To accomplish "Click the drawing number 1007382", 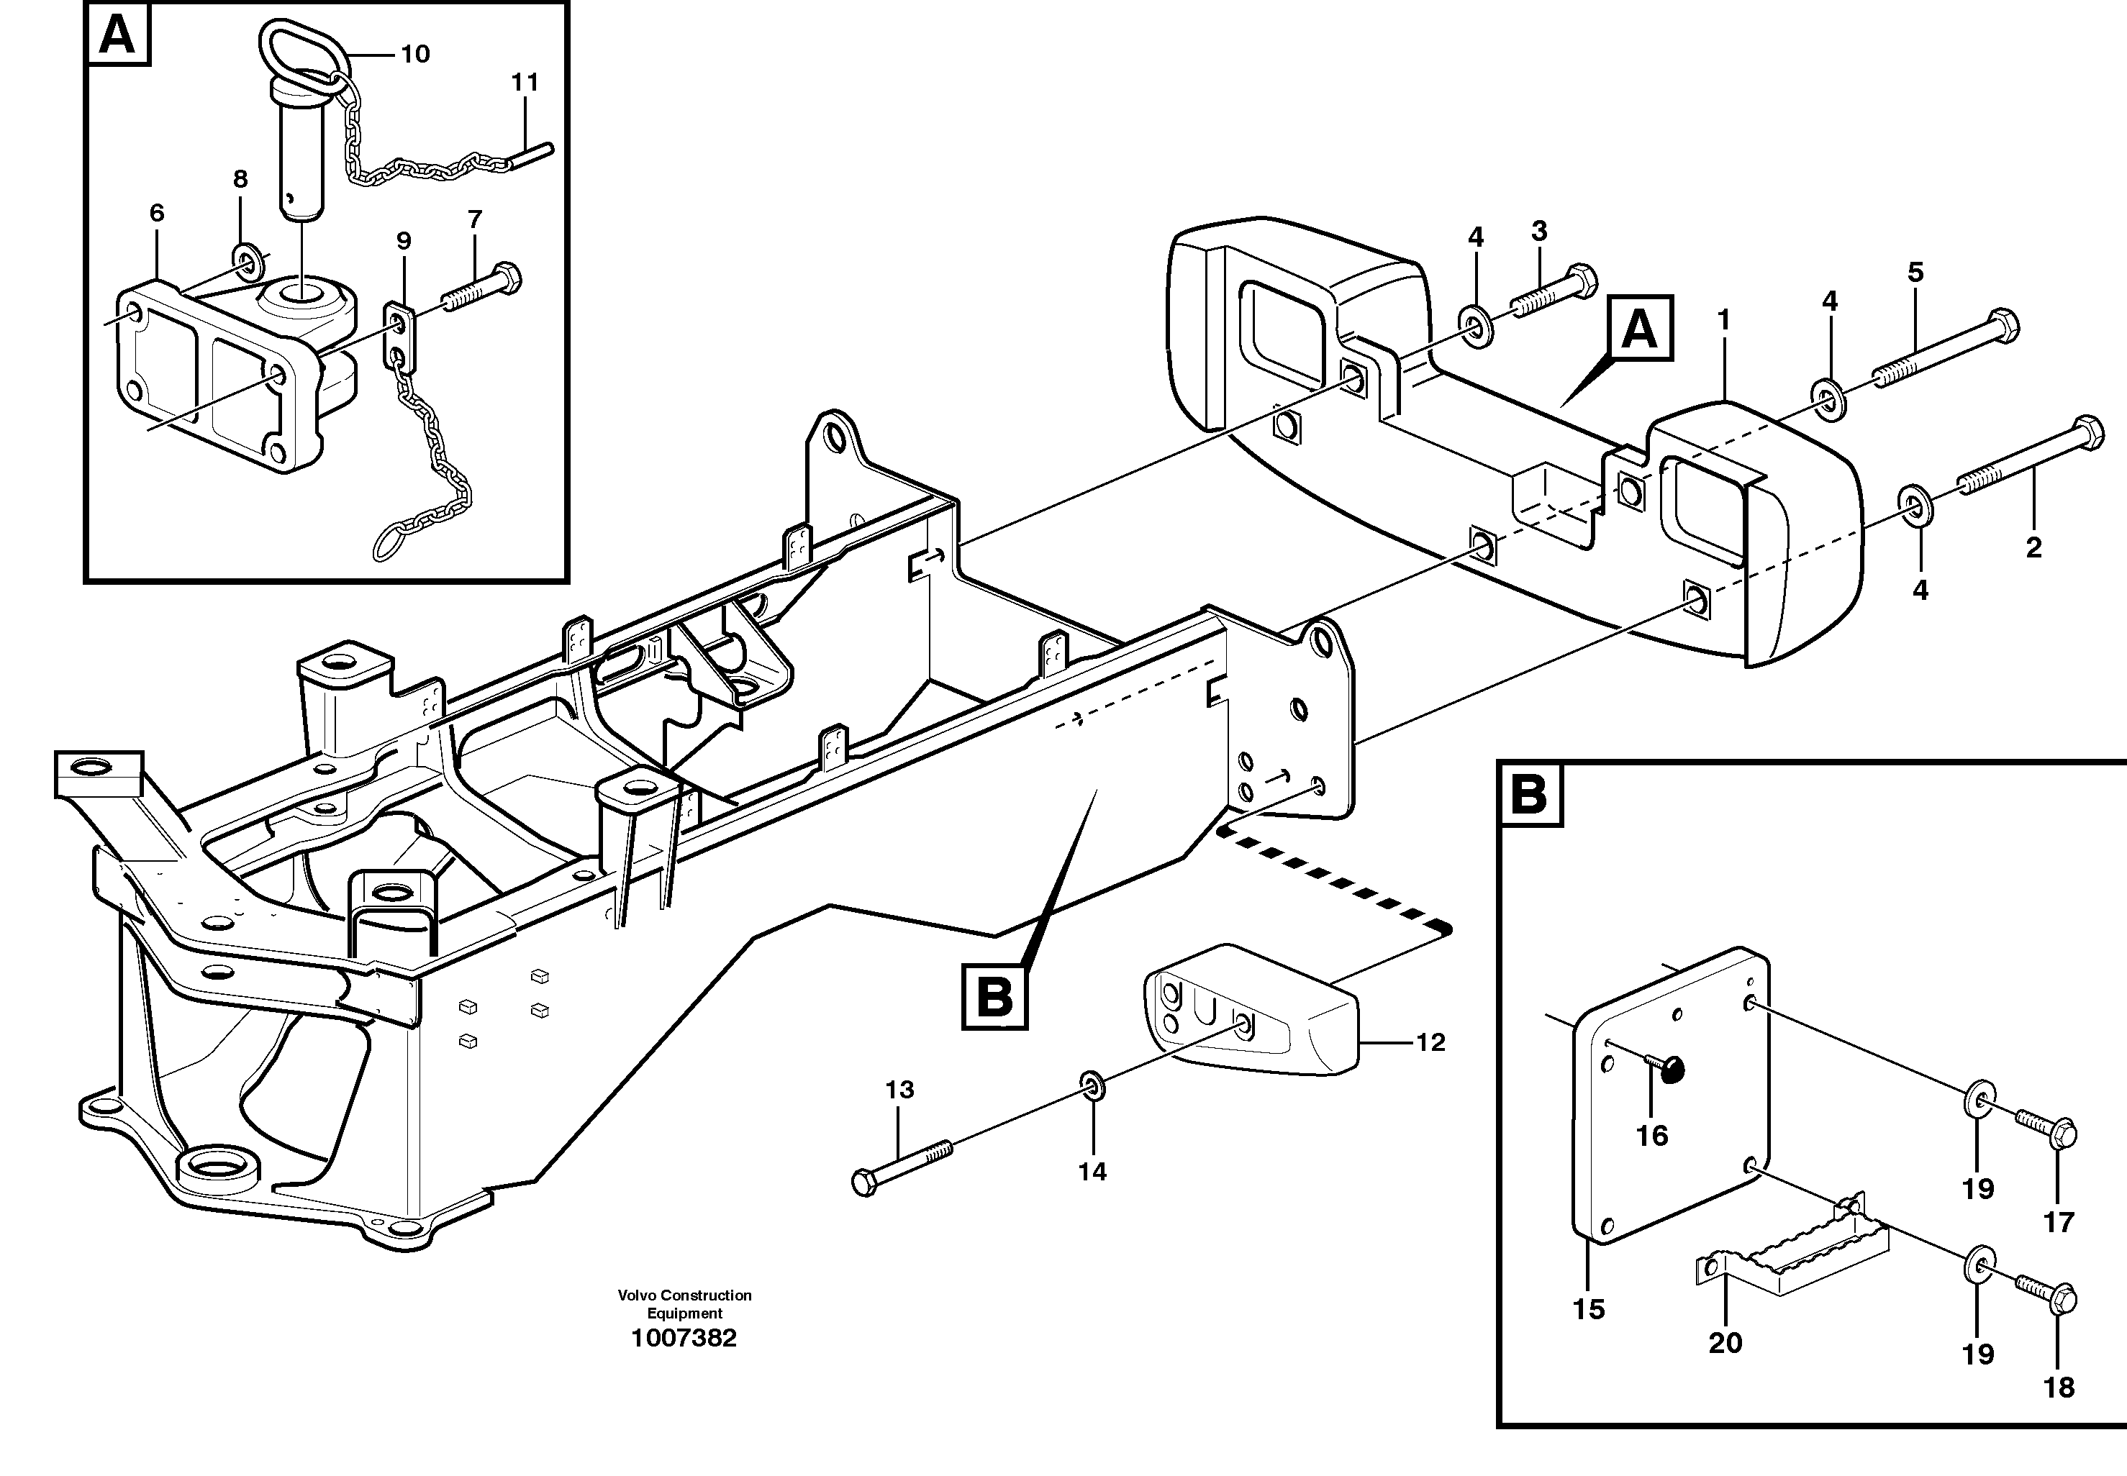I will pyautogui.click(x=684, y=1338).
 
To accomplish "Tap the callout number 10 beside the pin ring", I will pyautogui.click(x=414, y=55).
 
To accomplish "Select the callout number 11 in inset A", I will pyautogui.click(x=525, y=82).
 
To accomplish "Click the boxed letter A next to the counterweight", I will pyautogui.click(x=1639, y=328).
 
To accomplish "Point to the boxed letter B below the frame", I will pyautogui.click(x=994, y=997).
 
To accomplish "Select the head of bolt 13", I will pyautogui.click(x=864, y=1183).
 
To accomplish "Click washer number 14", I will pyautogui.click(x=1092, y=1085).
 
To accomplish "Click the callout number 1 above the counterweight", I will pyautogui.click(x=1723, y=320).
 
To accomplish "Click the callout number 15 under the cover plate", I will pyautogui.click(x=1589, y=1310).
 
